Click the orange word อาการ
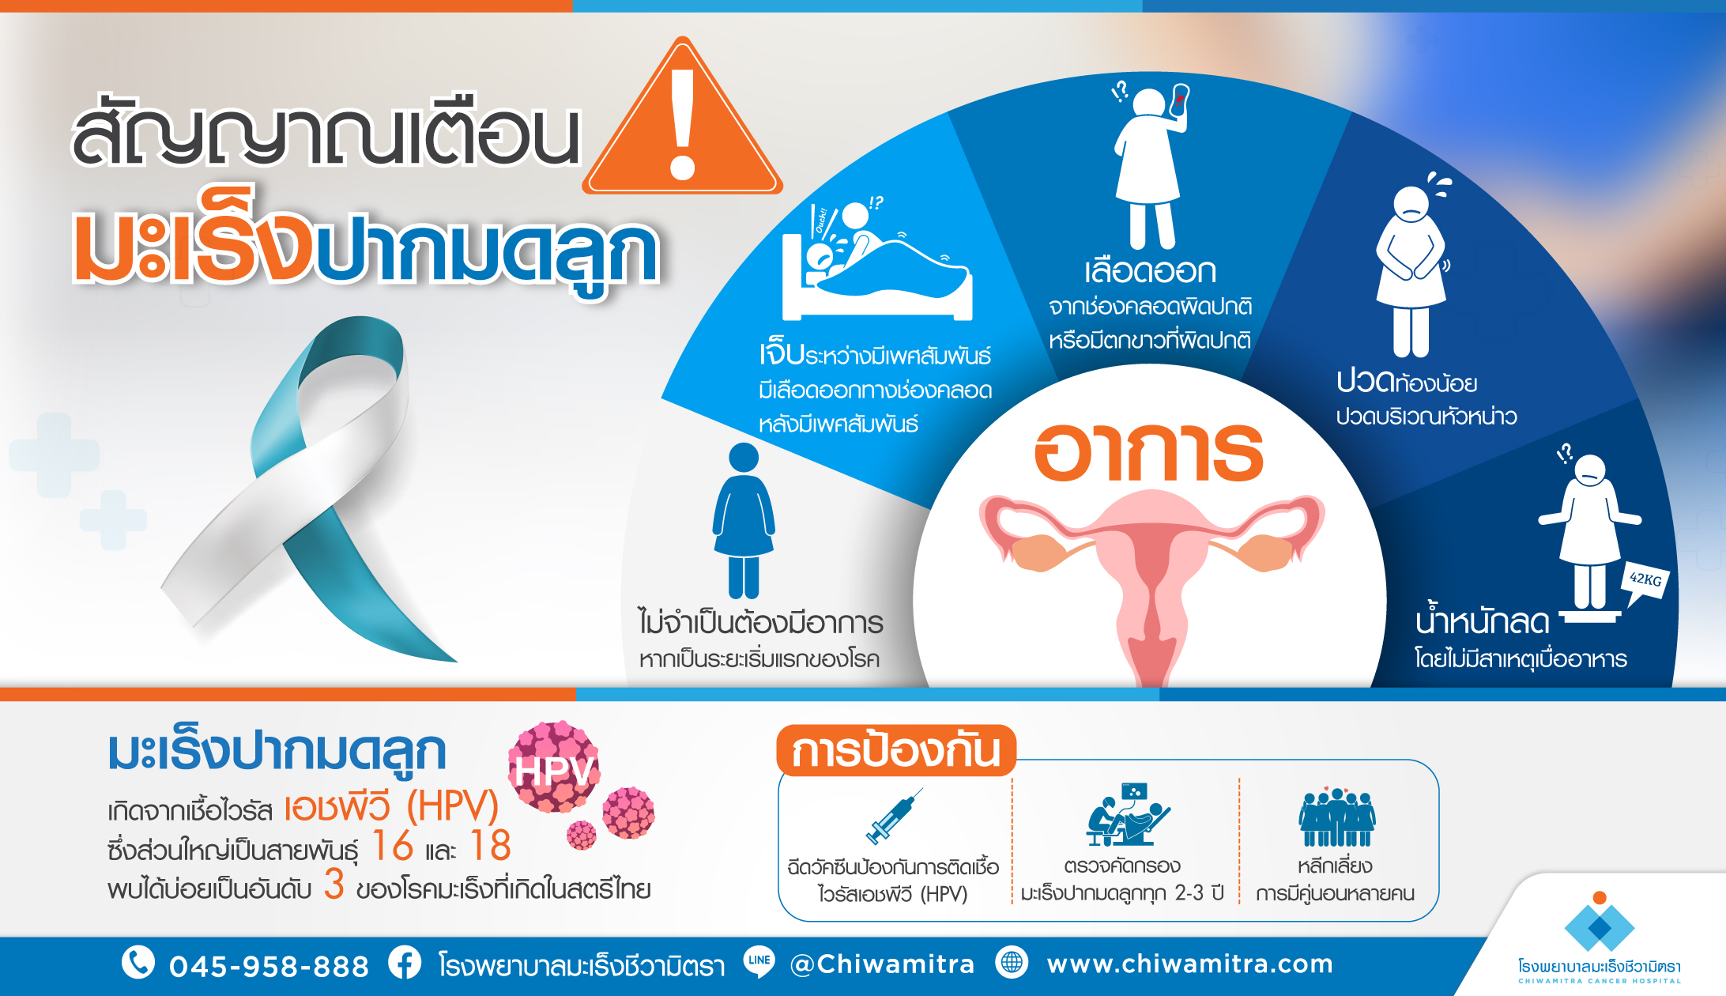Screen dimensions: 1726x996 coord(1149,452)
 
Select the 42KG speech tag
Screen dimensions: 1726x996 coord(1645,583)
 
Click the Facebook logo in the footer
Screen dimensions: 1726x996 coord(405,963)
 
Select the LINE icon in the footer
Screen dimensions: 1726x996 coord(759,962)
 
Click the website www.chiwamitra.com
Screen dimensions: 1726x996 coord(1190,964)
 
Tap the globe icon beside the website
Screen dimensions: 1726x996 coord(1012,962)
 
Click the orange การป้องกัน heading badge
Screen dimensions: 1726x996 coord(896,750)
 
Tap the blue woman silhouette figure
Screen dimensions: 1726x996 coord(744,520)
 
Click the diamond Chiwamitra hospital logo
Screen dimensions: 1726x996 coord(1600,922)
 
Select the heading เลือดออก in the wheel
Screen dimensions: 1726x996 coord(1150,271)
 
